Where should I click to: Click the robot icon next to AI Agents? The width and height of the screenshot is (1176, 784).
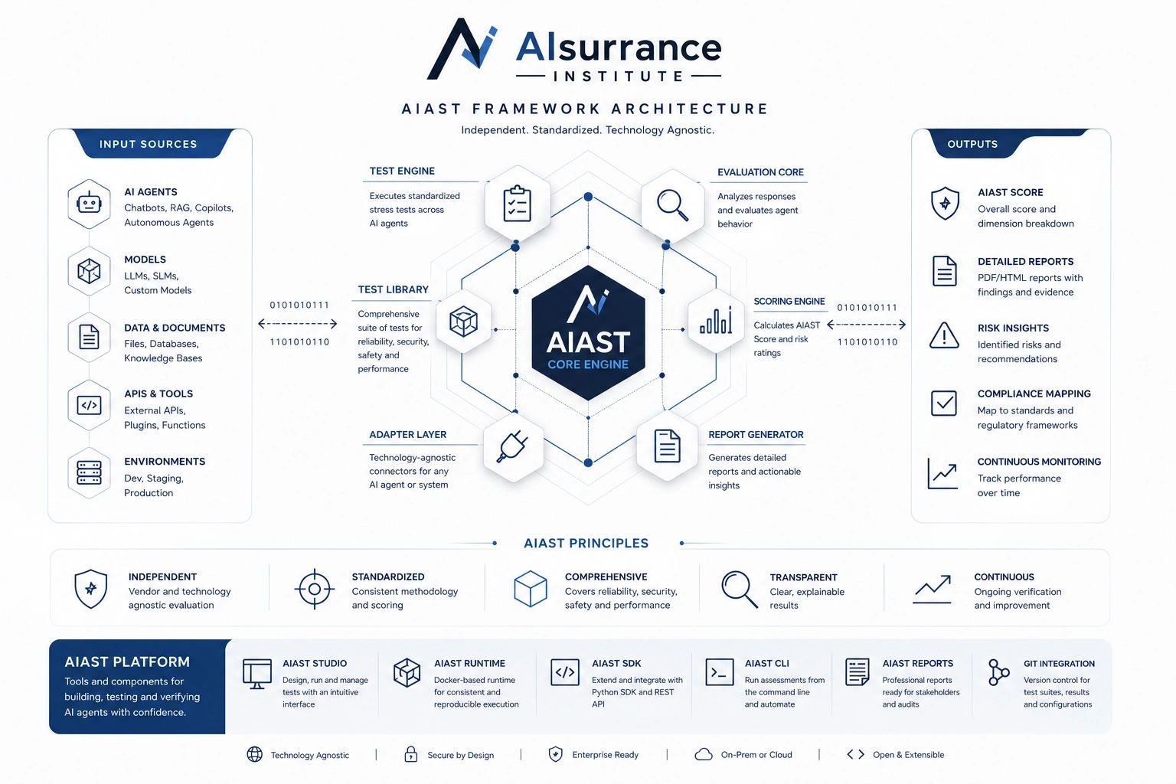(x=89, y=203)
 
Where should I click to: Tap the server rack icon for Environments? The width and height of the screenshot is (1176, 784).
(x=89, y=472)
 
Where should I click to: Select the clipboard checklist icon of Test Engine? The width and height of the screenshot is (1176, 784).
(x=517, y=203)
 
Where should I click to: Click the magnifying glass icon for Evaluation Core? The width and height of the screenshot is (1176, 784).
(x=672, y=204)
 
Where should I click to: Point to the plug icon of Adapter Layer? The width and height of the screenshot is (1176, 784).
(x=512, y=446)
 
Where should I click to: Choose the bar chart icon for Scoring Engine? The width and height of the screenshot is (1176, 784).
(x=716, y=320)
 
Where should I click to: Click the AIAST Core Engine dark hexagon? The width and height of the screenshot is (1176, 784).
(x=588, y=333)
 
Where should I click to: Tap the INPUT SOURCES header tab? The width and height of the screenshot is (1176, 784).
(x=149, y=143)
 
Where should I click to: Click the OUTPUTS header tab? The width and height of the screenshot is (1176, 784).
(x=972, y=143)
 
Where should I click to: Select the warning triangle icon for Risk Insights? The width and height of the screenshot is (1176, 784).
(x=944, y=335)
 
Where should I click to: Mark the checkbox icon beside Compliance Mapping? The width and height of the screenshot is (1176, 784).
(x=943, y=403)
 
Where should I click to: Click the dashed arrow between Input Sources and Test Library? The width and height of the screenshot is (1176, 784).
(x=298, y=323)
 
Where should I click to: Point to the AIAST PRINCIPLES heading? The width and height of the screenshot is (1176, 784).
(x=586, y=543)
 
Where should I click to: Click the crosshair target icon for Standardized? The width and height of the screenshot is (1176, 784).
(x=315, y=590)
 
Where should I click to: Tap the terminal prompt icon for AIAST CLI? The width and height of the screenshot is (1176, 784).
(x=719, y=672)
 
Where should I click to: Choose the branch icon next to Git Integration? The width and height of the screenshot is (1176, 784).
(x=998, y=673)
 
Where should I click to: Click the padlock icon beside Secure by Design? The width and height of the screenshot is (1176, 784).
(x=410, y=754)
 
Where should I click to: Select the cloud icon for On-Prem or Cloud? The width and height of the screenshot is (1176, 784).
(x=704, y=755)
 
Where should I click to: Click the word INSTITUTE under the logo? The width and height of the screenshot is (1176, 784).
(x=619, y=77)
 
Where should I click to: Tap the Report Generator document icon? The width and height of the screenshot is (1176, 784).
(x=668, y=446)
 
